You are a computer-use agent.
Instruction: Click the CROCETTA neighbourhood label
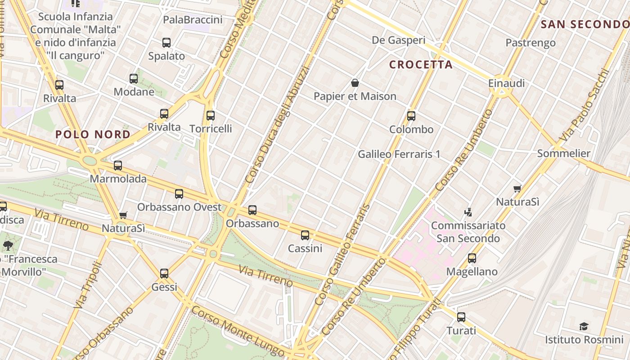421,65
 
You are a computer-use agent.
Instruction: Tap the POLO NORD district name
93,134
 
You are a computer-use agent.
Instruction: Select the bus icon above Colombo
411,116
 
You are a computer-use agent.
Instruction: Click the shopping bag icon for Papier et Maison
355,83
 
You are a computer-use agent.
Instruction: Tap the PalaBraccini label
193,20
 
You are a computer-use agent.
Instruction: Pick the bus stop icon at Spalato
166,43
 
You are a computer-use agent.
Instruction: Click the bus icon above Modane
134,79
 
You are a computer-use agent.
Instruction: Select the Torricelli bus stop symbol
211,116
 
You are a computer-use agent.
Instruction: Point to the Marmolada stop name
118,179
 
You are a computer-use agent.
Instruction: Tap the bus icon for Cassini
305,235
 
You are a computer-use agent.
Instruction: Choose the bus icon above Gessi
164,274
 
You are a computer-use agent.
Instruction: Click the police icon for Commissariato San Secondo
468,211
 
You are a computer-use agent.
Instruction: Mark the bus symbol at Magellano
472,258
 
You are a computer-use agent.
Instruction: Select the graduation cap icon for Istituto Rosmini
584,326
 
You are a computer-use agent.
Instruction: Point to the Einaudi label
506,84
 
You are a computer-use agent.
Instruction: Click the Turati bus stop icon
461,317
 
